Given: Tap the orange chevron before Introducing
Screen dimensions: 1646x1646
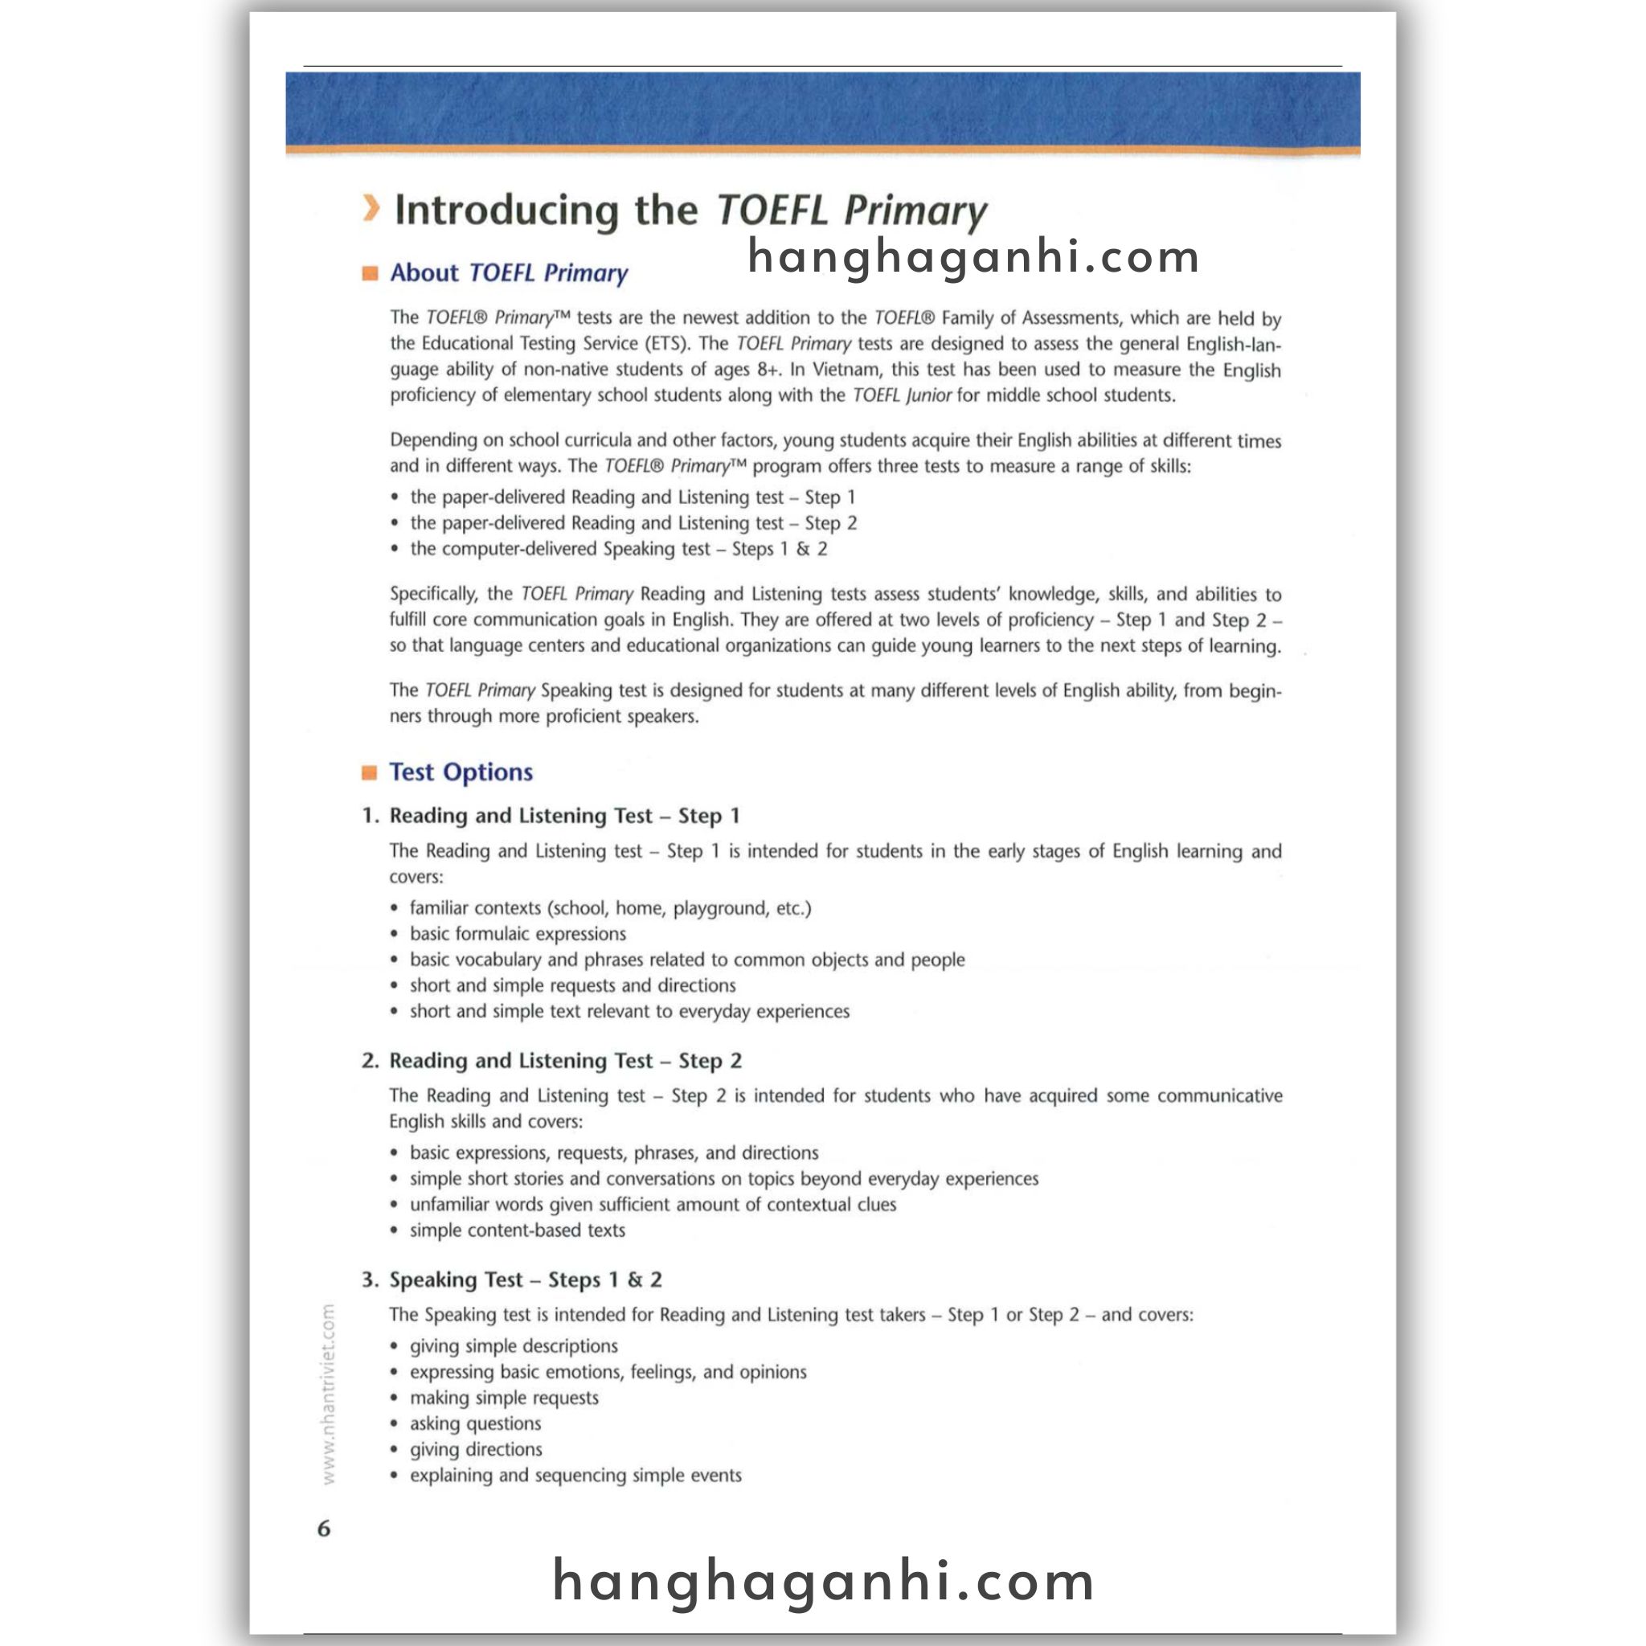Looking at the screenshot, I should tap(370, 209).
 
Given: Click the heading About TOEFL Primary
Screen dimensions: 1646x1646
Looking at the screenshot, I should tap(509, 272).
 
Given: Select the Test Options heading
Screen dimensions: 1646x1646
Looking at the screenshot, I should tap(461, 772).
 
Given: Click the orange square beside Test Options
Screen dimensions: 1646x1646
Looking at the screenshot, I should tap(370, 772).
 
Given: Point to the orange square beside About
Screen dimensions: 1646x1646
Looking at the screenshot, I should tap(370, 273).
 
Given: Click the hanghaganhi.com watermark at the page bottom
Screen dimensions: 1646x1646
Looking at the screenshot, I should tap(823, 1582).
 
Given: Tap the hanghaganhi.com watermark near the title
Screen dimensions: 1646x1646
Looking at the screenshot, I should tap(974, 256).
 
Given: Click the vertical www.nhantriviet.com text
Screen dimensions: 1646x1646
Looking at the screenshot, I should tap(330, 1394).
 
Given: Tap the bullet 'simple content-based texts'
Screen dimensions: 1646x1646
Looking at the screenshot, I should tap(517, 1230).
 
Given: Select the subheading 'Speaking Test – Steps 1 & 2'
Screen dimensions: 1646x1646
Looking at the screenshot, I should tap(525, 1280).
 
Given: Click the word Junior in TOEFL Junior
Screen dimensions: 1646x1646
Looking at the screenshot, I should tap(927, 395).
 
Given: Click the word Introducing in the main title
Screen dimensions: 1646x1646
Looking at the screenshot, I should tap(506, 211).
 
